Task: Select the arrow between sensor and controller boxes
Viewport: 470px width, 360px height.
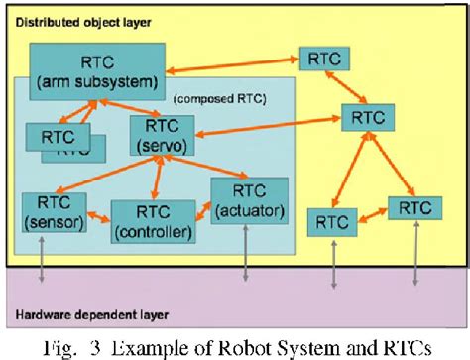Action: pyautogui.click(x=96, y=213)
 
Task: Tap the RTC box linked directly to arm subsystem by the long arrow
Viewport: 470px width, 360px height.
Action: pyautogui.click(x=325, y=59)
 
